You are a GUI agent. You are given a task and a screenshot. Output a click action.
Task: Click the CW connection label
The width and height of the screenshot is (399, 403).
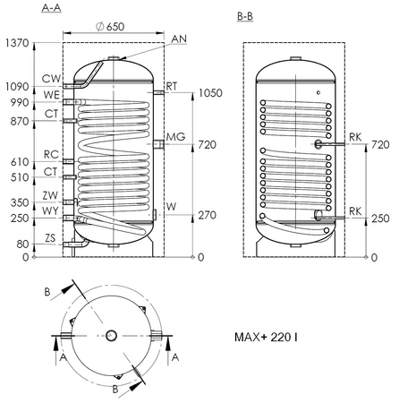pyautogui.click(x=51, y=79)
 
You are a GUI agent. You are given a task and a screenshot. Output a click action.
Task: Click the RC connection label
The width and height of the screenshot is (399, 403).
pyautogui.click(x=51, y=154)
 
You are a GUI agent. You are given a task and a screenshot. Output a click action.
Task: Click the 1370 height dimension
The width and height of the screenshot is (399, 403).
pyautogui.click(x=17, y=42)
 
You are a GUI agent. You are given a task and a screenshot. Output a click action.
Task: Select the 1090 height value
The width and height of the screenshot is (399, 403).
pyautogui.click(x=17, y=89)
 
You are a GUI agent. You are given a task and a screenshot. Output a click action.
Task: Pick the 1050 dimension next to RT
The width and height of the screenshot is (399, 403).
pyautogui.click(x=210, y=93)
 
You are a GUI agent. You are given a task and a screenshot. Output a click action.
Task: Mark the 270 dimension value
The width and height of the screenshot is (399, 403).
pyautogui.click(x=207, y=215)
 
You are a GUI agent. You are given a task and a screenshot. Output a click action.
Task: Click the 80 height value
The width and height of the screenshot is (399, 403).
pyautogui.click(x=22, y=243)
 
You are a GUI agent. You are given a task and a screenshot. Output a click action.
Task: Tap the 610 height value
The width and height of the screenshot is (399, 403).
pyautogui.click(x=20, y=162)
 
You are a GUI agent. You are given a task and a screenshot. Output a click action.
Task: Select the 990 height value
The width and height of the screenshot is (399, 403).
pyautogui.click(x=20, y=104)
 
